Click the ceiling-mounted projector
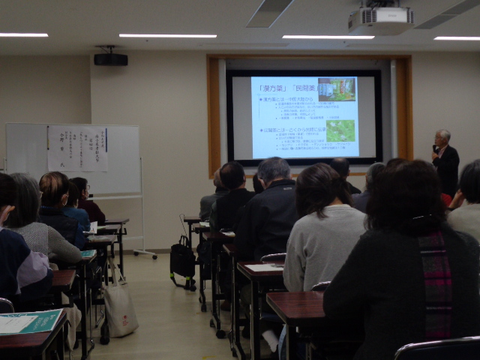click(380, 19)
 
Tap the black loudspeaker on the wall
click(110, 58)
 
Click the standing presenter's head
click(443, 138)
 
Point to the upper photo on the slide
click(337, 89)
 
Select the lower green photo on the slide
click(341, 130)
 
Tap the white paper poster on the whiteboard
click(77, 148)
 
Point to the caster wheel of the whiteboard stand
click(155, 256)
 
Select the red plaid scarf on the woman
click(436, 285)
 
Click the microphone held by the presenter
click(434, 147)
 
